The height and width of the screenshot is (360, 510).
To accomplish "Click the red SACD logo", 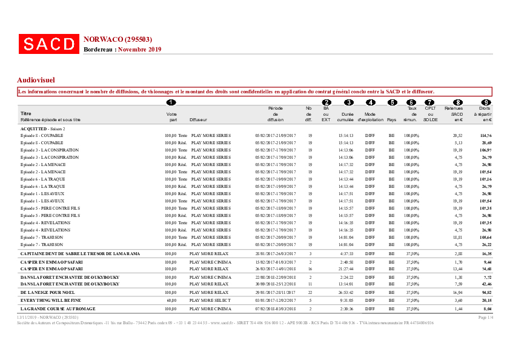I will [49, 44].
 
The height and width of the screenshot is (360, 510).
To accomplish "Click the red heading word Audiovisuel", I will [36, 79].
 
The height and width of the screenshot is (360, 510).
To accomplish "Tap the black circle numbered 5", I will [392, 102].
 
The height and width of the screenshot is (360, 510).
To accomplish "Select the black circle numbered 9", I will [486, 102].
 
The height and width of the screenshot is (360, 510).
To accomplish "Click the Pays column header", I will [392, 119].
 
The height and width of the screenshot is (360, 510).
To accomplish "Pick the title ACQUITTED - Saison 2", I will [43, 129].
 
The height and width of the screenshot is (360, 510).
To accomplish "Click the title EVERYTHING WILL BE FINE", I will [51, 300].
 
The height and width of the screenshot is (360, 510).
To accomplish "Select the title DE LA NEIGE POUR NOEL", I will [47, 292].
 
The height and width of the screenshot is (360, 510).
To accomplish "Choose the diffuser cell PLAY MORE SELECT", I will [210, 300].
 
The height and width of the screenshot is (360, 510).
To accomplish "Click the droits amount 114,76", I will [486, 135].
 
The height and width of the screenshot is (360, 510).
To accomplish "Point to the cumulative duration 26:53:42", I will [346, 292].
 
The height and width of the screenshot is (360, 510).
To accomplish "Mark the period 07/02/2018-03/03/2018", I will [276, 308].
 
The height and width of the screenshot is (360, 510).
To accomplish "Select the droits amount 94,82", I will [486, 292].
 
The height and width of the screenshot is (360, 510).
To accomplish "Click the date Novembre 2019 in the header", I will [139, 49].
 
